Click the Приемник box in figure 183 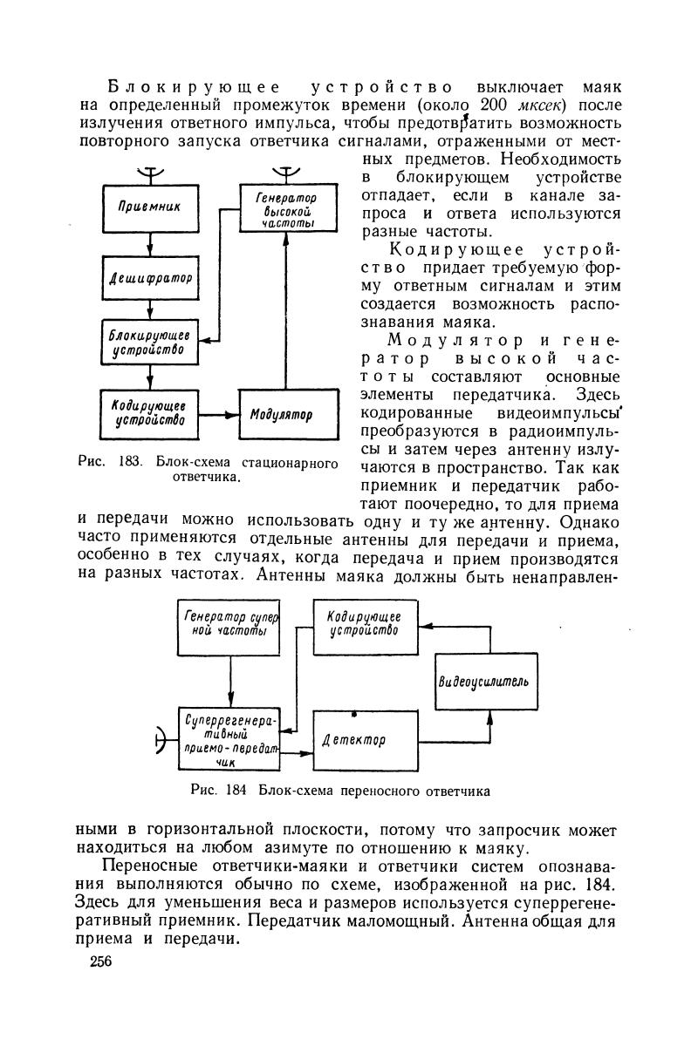pos(150,207)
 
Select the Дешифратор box pos(150,278)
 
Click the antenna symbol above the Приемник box pos(149,173)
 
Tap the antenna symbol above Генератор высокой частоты pos(284,173)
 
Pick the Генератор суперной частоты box pos(230,628)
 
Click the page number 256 pos(101,961)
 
